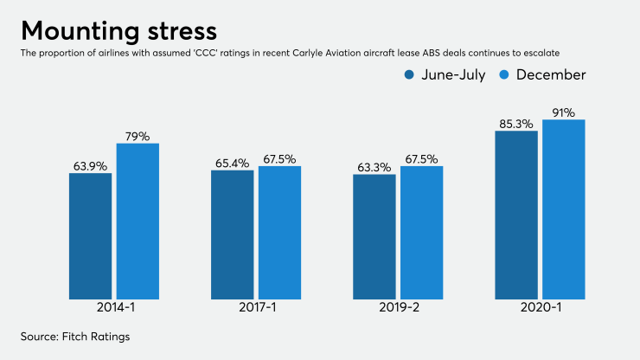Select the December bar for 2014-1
(x=138, y=222)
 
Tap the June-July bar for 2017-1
(x=233, y=235)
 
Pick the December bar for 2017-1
(x=279, y=233)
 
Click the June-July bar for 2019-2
(x=374, y=237)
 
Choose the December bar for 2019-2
(x=421, y=233)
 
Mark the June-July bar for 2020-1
(x=516, y=215)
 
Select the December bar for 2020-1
(x=564, y=209)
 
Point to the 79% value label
(x=138, y=136)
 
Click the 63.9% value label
(x=91, y=165)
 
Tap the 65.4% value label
(x=232, y=163)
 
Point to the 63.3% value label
(x=374, y=166)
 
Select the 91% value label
(x=564, y=112)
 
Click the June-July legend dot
(x=409, y=75)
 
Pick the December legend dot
(x=505, y=75)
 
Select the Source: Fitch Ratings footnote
(x=74, y=337)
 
